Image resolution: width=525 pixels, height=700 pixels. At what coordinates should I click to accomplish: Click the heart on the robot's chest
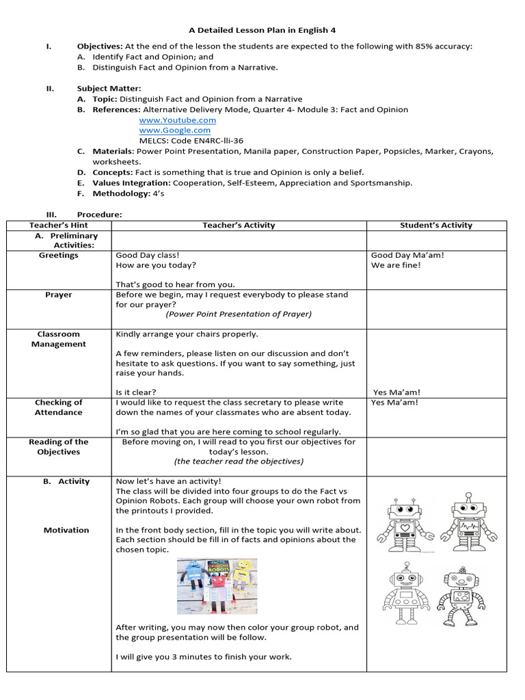[x=405, y=528]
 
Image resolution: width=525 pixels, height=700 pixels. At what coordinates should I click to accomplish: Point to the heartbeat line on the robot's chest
[x=468, y=528]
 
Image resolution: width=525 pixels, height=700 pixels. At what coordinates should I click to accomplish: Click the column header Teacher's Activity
[x=239, y=225]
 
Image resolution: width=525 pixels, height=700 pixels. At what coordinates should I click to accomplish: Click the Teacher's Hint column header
[x=59, y=225]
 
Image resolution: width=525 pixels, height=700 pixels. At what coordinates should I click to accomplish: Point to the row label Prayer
[x=59, y=295]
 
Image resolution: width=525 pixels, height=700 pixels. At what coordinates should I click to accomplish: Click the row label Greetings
[x=59, y=255]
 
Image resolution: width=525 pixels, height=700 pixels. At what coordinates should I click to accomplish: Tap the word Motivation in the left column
[x=66, y=530]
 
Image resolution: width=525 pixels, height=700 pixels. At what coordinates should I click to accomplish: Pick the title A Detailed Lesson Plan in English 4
[x=262, y=30]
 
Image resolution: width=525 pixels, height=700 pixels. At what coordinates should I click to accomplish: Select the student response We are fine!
[x=396, y=265]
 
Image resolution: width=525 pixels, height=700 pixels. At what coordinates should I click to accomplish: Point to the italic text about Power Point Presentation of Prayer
[x=238, y=314]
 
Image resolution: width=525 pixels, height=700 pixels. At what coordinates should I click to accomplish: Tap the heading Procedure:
[x=99, y=214]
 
